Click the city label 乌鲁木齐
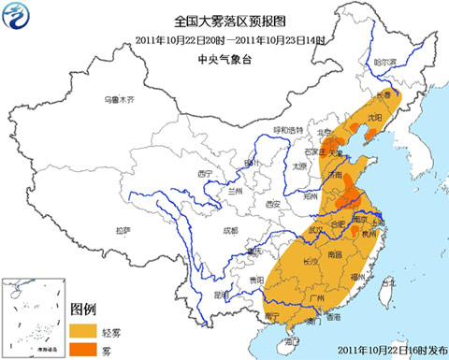[x=120, y=99]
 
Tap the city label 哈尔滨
[x=385, y=63]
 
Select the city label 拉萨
[x=123, y=229]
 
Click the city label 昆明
[x=221, y=295]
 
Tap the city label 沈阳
[x=375, y=119]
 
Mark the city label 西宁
[x=209, y=173]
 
